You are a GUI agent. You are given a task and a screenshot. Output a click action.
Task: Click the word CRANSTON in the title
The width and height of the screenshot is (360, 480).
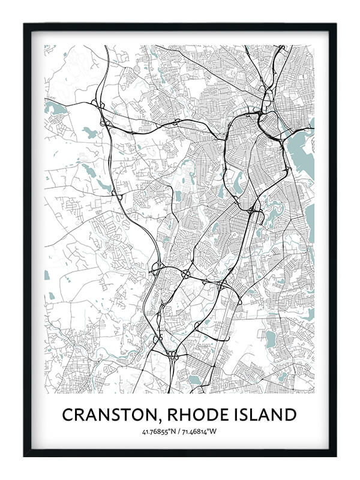click(112, 415)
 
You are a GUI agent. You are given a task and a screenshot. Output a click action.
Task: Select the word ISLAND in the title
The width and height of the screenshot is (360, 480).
click(267, 415)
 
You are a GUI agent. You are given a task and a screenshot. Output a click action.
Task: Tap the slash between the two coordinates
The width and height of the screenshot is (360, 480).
click(180, 432)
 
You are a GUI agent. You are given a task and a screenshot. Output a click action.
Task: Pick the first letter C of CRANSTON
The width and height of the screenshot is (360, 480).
click(67, 415)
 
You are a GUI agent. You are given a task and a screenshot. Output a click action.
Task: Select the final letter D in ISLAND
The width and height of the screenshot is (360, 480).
click(291, 415)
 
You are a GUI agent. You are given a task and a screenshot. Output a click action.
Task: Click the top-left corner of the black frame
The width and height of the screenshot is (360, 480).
click(25, 25)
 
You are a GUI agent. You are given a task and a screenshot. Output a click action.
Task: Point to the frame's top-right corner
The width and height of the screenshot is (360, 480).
click(335, 25)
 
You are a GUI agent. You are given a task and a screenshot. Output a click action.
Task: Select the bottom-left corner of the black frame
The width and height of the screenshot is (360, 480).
click(25, 455)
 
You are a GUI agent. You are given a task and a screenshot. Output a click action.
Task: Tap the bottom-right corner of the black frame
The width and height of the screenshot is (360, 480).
click(335, 455)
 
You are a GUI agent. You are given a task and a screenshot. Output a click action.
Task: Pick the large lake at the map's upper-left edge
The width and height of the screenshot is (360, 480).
click(53, 109)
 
